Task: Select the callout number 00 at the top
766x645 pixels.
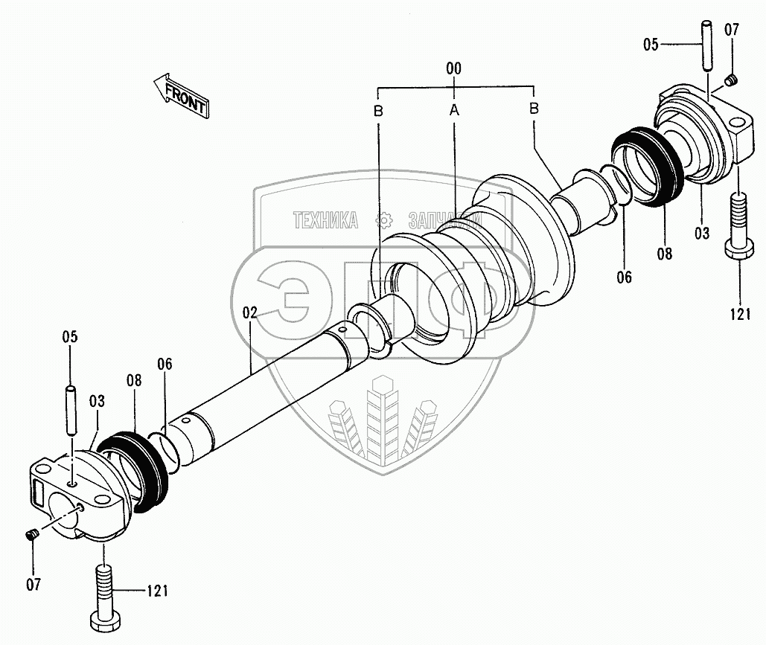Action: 453,68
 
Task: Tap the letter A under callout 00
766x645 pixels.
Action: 453,110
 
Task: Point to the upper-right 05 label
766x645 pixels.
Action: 651,45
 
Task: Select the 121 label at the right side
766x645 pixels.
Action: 739,315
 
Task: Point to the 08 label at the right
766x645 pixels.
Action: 664,254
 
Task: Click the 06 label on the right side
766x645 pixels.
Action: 624,277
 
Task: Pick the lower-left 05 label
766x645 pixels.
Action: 69,337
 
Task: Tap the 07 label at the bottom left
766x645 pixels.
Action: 33,583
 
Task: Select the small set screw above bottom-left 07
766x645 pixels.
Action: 32,536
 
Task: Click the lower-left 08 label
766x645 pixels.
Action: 134,380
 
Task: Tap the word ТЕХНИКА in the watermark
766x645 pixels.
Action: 325,220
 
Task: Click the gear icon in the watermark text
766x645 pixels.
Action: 384,219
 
